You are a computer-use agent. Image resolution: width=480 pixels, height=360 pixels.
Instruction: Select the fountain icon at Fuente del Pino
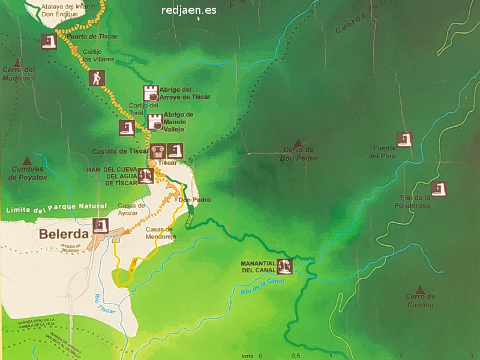405,139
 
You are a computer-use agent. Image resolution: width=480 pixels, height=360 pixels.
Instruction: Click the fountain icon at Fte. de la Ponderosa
439,189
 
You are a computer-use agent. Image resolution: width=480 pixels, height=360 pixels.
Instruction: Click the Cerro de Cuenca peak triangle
420,290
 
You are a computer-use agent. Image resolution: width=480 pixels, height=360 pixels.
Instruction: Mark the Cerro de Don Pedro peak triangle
297,142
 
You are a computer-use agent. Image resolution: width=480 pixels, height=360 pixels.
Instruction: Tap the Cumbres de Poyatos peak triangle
28,161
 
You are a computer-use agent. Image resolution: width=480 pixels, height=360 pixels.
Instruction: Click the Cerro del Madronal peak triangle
17,62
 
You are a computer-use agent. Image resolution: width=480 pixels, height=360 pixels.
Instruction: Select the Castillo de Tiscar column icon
158,151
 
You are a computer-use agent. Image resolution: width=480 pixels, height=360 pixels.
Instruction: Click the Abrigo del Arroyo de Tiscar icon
151,93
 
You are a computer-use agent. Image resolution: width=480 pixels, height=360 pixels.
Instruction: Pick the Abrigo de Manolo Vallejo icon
155,121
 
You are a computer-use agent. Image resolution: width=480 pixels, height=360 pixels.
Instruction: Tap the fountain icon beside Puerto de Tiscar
49,41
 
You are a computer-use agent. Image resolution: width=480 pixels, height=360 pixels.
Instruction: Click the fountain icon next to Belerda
100,226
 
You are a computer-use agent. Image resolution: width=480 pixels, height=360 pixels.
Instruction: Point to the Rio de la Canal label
260,286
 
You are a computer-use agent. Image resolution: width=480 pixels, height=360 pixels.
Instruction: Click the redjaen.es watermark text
189,10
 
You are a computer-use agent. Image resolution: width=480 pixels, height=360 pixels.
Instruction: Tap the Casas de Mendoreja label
160,233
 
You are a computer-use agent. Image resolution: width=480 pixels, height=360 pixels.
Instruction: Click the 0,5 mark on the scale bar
296,356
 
